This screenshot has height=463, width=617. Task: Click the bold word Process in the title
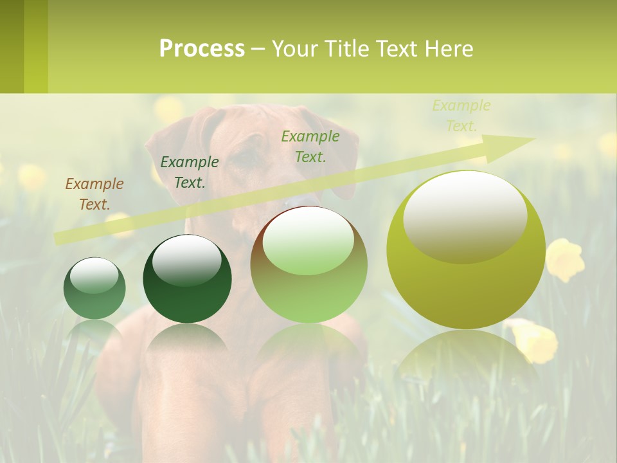(202, 48)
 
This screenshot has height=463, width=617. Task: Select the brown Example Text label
(94, 194)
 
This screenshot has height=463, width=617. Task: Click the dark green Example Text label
(189, 172)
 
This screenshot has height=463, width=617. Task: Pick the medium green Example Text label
(310, 146)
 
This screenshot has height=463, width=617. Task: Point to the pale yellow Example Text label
(461, 116)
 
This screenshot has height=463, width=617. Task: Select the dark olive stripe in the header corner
(12, 46)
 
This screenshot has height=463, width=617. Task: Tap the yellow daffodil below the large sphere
(533, 340)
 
